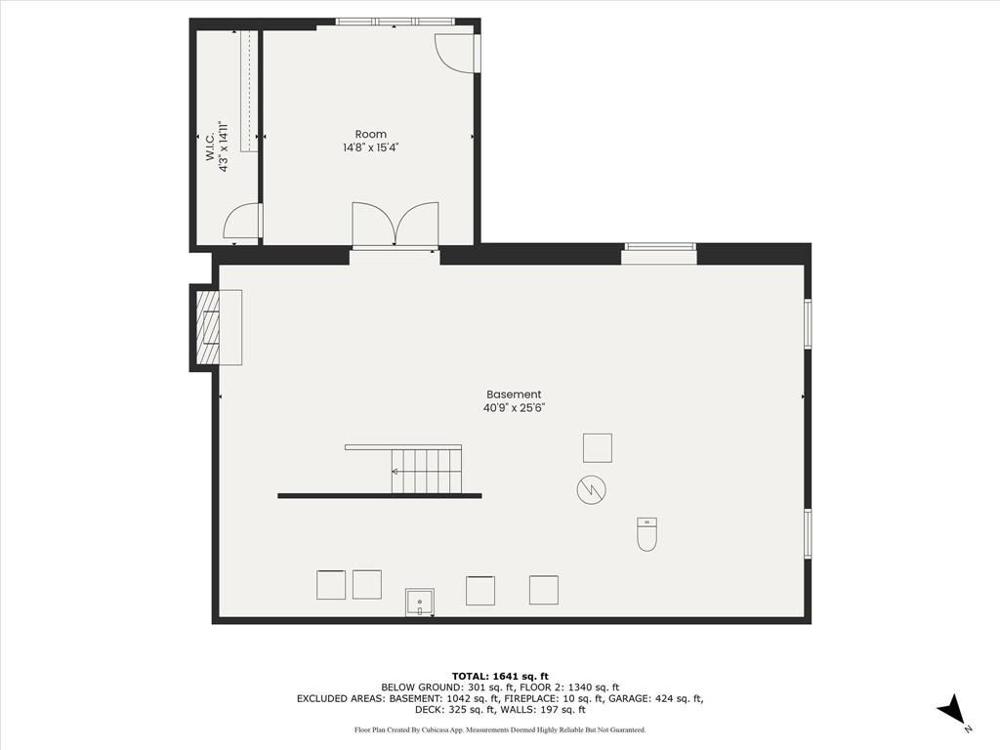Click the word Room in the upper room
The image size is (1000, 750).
coord(370,135)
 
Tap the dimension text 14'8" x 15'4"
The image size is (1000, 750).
coord(370,148)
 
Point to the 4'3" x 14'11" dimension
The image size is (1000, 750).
coord(224,146)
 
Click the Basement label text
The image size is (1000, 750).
coord(514,395)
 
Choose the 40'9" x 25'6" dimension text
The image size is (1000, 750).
coord(514,408)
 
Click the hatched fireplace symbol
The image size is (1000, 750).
coord(207,327)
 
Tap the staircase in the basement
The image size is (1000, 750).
coord(426,471)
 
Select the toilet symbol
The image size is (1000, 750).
coord(646,534)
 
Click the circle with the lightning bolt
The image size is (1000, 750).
coord(591,489)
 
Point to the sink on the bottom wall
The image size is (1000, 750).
coord(420,603)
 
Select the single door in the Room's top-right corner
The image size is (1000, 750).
coord(455,53)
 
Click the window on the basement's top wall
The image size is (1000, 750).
coord(660,254)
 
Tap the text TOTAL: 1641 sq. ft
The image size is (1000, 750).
coord(500,676)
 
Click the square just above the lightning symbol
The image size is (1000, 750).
coord(598,447)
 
